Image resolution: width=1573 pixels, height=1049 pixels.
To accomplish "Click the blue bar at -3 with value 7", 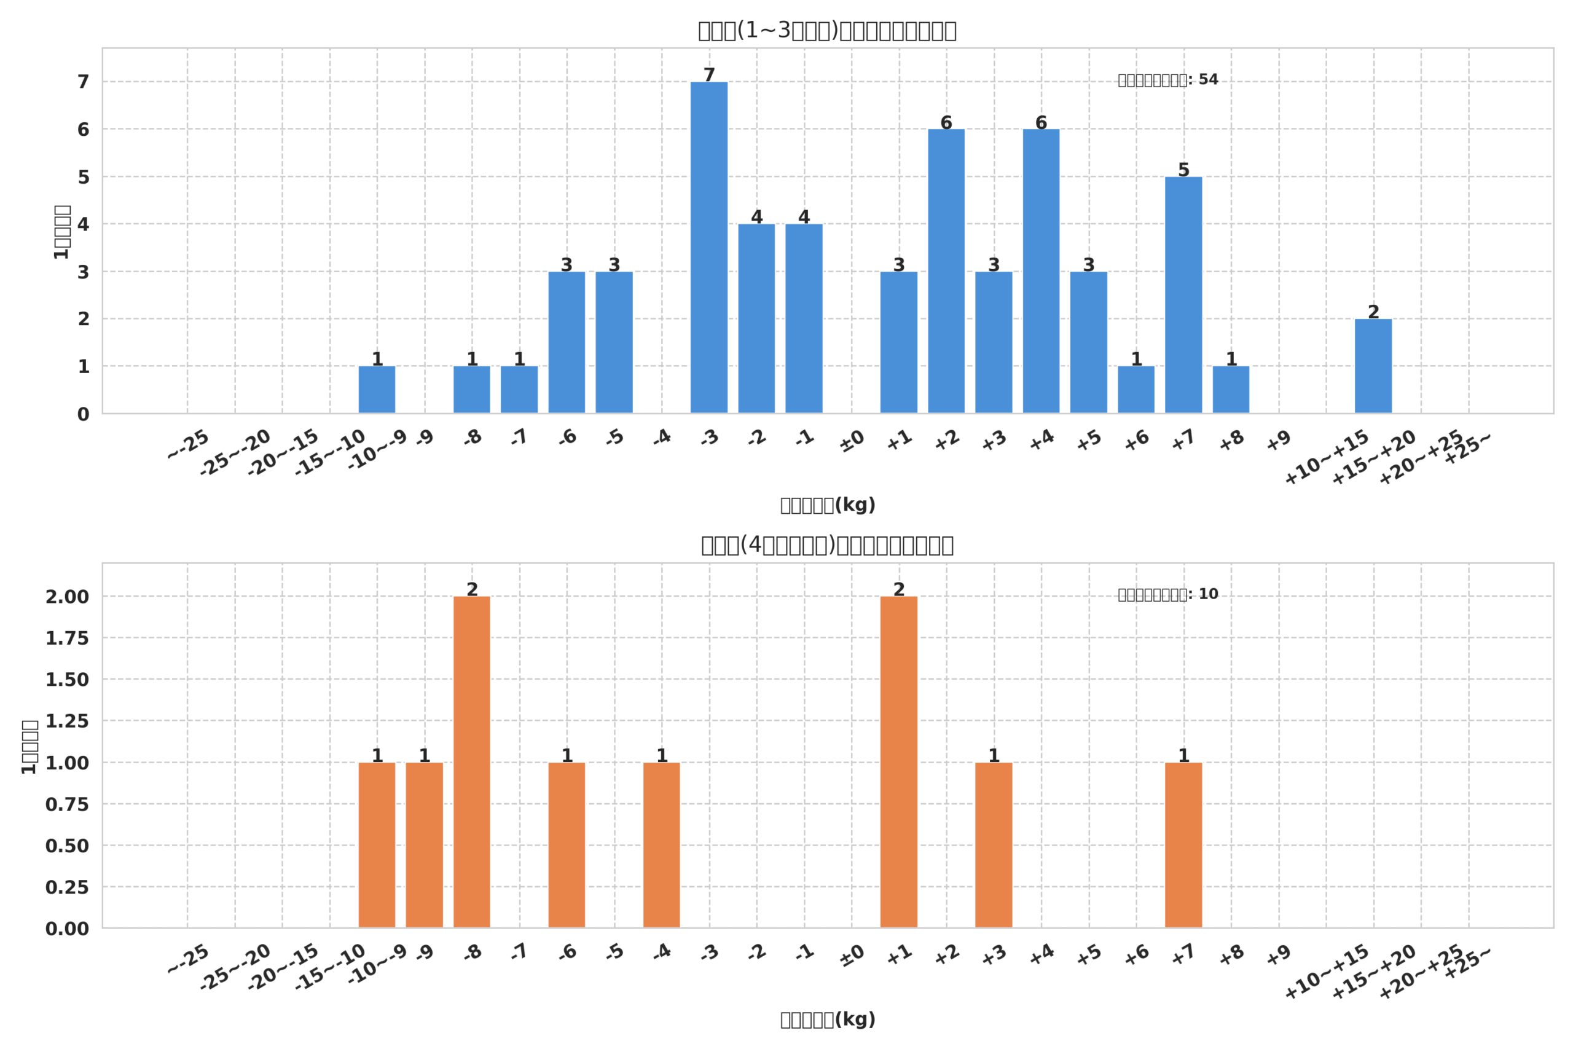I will [x=709, y=248].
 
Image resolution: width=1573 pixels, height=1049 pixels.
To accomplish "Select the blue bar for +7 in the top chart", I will [x=1183, y=295].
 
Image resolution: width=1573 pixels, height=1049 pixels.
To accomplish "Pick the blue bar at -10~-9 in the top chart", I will [x=377, y=390].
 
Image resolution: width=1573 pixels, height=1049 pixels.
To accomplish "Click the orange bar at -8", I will [x=471, y=762].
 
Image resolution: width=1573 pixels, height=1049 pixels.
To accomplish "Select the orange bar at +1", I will [x=898, y=762].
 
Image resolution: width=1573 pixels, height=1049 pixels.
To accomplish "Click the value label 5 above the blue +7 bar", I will [x=1183, y=170].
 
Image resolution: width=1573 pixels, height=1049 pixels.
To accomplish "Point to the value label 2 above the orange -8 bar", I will [x=471, y=589].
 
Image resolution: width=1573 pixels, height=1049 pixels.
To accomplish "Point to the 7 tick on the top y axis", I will [x=83, y=82].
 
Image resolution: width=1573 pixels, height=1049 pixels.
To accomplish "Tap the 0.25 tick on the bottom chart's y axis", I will [x=67, y=887].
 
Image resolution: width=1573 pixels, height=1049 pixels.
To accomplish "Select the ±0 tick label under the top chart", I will [x=852, y=441].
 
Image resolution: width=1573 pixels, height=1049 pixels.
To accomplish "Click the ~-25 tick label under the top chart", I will [x=188, y=445].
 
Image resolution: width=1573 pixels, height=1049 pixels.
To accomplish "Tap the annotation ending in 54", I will [x=1167, y=80].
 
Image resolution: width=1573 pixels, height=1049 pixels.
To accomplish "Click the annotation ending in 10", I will [x=1167, y=594].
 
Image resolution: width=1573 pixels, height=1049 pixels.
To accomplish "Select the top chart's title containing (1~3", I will [x=826, y=31].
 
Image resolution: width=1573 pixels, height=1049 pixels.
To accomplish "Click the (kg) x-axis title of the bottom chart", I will [x=827, y=1020].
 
